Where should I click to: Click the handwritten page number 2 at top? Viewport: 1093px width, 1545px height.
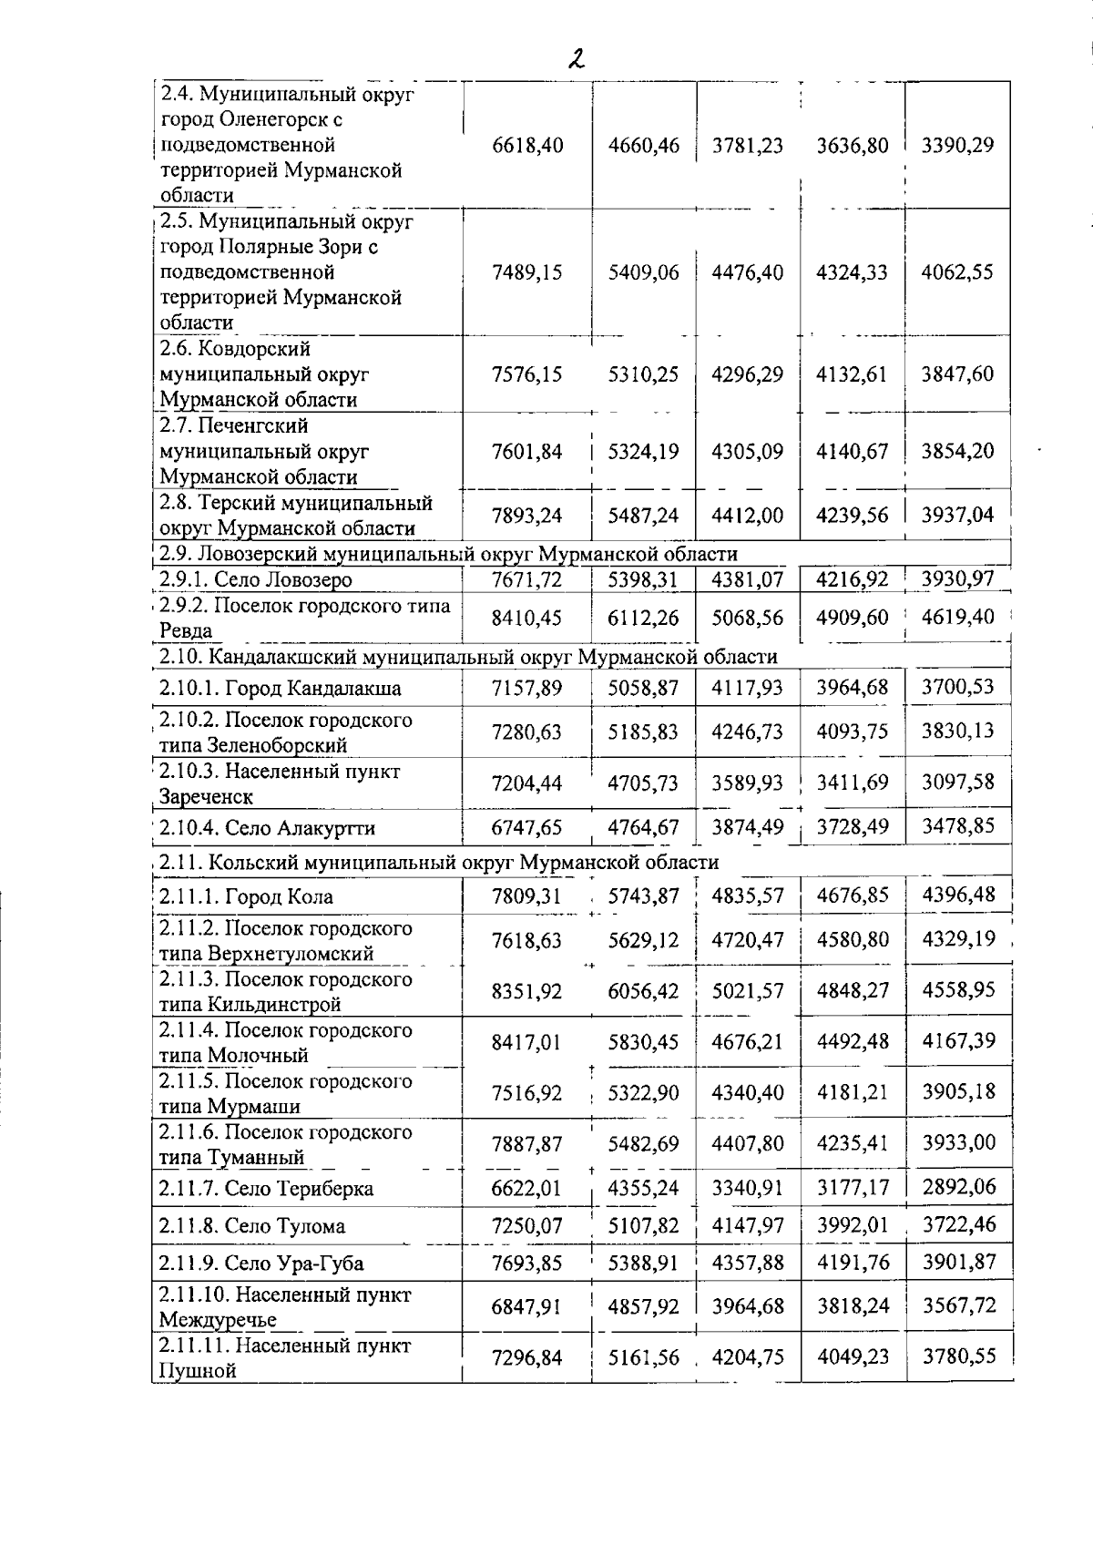tap(575, 59)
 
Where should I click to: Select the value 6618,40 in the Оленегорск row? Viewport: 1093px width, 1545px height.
tap(527, 146)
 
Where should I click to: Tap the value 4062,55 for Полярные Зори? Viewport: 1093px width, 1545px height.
tap(957, 272)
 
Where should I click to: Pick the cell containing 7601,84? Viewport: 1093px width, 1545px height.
tap(527, 451)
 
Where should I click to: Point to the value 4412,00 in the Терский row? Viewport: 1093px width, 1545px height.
tap(748, 516)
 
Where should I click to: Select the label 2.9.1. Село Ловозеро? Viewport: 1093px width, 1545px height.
tap(256, 580)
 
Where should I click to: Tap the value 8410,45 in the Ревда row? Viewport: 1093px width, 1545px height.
tap(527, 619)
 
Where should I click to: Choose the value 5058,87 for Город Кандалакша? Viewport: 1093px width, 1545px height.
tap(644, 688)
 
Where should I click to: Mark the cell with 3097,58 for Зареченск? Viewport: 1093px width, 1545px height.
tap(957, 782)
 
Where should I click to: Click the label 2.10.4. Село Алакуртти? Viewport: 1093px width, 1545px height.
tap(267, 828)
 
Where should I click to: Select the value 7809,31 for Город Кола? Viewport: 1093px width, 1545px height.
tap(527, 896)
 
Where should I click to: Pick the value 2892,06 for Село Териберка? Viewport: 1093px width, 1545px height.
tap(958, 1187)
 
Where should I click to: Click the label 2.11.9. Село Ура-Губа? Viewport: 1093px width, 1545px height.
tap(261, 1264)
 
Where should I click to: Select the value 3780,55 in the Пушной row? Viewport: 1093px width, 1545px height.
tap(958, 1356)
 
